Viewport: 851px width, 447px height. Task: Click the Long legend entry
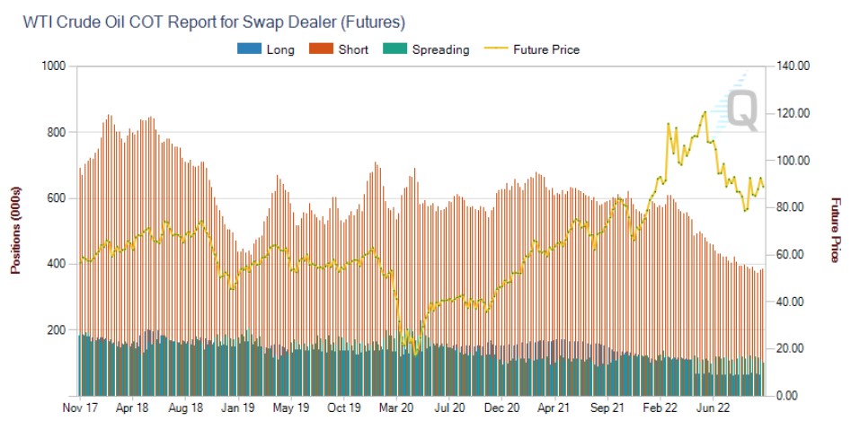[x=279, y=49]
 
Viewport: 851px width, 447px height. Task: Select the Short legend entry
[x=352, y=49]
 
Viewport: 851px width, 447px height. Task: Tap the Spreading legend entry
[x=439, y=49]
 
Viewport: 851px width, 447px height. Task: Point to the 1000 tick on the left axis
[x=55, y=66]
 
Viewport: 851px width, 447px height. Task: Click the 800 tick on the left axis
[x=58, y=132]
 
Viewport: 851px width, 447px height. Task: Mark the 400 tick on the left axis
[x=58, y=264]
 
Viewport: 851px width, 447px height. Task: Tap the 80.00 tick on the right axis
[x=792, y=207]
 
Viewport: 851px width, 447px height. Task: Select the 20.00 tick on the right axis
[x=792, y=348]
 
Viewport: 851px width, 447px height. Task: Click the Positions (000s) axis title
[x=15, y=231]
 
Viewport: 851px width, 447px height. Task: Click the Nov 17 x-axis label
[x=81, y=408]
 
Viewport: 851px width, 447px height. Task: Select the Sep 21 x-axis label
[x=607, y=408]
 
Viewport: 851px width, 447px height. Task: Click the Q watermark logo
[x=739, y=108]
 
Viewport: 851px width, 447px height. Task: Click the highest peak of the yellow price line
[x=705, y=112]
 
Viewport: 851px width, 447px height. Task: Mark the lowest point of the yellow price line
[x=414, y=353]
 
